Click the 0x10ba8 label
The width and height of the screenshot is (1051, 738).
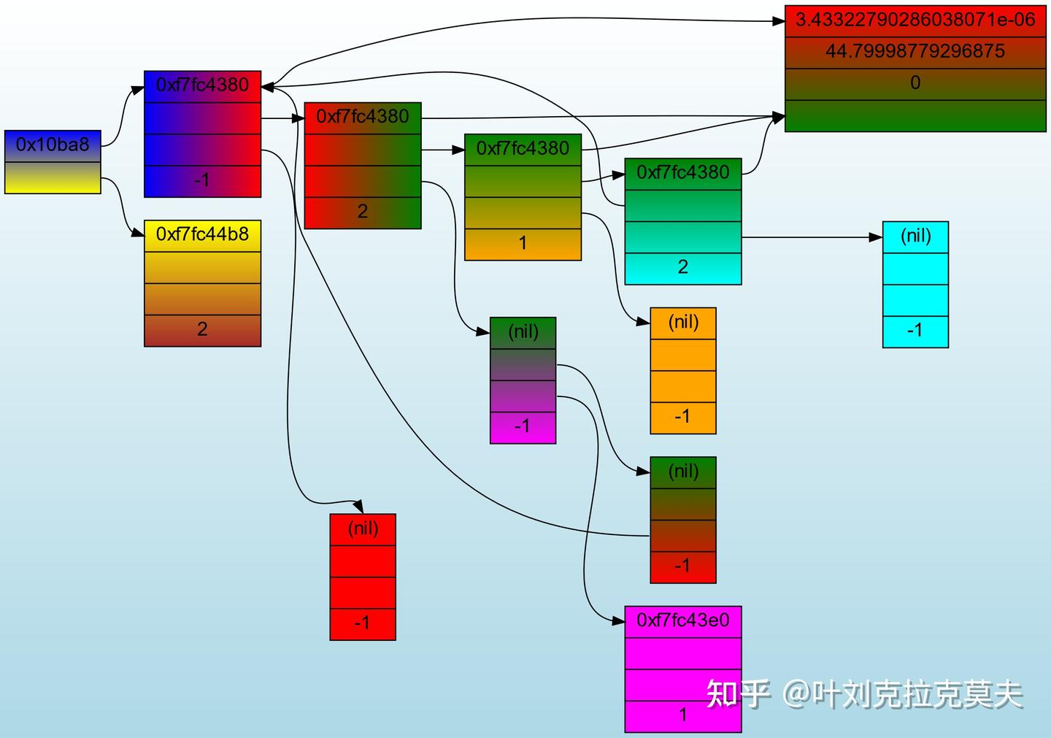[x=53, y=145]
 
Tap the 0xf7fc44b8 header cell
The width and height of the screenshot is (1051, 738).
[x=202, y=234]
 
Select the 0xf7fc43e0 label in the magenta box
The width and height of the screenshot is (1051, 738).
[x=682, y=620]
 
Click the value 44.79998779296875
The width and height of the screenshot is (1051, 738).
[x=915, y=51]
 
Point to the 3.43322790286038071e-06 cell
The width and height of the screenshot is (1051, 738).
[x=915, y=19]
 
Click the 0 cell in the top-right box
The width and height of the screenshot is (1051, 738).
[x=915, y=82]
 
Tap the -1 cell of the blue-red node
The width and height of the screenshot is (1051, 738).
[x=202, y=180]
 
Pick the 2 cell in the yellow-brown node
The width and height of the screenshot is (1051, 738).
[x=202, y=330]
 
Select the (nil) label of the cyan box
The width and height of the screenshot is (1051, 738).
[x=915, y=236]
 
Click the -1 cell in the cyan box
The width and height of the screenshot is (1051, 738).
[x=915, y=331]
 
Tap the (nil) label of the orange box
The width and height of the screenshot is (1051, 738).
[x=683, y=322]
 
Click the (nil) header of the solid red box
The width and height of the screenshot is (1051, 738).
[x=363, y=528]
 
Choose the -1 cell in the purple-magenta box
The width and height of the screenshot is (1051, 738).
[x=523, y=426]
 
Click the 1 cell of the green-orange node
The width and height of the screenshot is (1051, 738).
[x=523, y=243]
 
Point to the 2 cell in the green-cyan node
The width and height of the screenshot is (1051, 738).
[x=682, y=267]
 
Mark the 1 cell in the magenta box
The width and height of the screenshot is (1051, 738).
[x=682, y=715]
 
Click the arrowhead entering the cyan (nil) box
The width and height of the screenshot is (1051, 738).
[x=876, y=237]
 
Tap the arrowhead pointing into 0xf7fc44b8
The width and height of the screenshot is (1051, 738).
[x=138, y=234]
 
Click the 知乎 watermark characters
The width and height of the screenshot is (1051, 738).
[x=737, y=694]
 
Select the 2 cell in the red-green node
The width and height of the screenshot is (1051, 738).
[x=363, y=212]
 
